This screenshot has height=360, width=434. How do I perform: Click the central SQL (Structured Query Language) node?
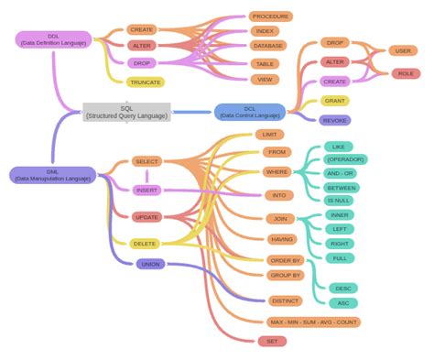(126, 113)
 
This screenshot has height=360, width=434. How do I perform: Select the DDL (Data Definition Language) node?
(53, 39)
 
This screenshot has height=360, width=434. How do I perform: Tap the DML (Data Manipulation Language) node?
(52, 175)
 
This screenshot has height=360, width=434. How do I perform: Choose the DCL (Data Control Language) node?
(250, 113)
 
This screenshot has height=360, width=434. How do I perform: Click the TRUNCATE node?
(146, 82)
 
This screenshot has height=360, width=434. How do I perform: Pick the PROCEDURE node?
(270, 16)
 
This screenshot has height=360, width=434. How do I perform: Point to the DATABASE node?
(267, 46)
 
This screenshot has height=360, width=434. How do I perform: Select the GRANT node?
(334, 101)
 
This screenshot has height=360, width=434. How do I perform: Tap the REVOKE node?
(334, 120)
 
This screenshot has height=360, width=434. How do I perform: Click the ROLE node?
(406, 73)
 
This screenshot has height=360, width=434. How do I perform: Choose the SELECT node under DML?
(146, 161)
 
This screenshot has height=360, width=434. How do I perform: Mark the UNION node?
(150, 264)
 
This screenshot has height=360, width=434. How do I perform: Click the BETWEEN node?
(341, 188)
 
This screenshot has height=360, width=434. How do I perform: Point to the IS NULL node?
(339, 201)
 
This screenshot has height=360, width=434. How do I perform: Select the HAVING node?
(282, 239)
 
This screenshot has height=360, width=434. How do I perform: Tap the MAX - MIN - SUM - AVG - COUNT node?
(314, 322)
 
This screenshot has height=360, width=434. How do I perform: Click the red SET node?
(272, 341)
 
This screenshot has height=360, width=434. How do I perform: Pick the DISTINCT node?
(286, 300)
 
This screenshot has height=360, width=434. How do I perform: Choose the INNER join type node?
(339, 215)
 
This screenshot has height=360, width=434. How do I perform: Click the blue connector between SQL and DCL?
(192, 113)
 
